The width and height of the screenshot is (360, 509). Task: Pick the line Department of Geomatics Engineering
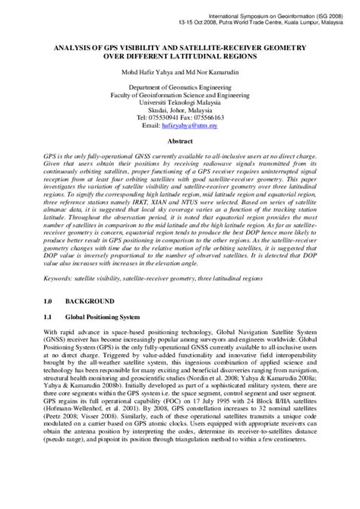coord(180,89)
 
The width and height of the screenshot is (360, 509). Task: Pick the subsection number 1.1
coord(49,340)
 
